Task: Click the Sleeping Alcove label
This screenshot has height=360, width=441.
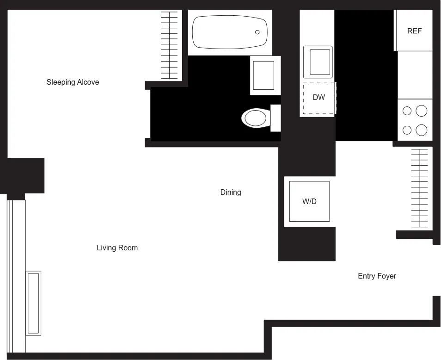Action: [73, 82]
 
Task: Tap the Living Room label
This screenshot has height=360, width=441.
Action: [117, 248]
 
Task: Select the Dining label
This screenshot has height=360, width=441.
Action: [230, 192]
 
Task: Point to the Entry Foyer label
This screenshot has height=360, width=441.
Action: [377, 276]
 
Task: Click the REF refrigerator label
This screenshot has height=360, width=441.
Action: [414, 31]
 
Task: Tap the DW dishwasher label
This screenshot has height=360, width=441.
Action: [318, 98]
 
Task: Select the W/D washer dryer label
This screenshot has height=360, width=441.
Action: [309, 202]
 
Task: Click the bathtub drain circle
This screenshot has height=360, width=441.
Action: [257, 32]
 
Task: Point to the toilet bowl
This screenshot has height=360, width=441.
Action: [255, 118]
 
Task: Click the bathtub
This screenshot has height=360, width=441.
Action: [230, 32]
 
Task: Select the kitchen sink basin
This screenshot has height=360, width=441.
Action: [318, 62]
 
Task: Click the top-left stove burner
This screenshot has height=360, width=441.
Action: [407, 111]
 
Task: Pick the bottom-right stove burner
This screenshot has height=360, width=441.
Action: [421, 130]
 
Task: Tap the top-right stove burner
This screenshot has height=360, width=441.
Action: [421, 111]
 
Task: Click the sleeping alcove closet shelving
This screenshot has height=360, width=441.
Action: [169, 45]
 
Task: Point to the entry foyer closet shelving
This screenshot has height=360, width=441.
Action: [419, 188]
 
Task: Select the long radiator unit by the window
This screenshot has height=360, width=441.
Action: [33, 303]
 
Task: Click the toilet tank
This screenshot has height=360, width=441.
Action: [276, 118]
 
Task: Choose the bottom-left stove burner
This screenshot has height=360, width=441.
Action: [407, 130]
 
